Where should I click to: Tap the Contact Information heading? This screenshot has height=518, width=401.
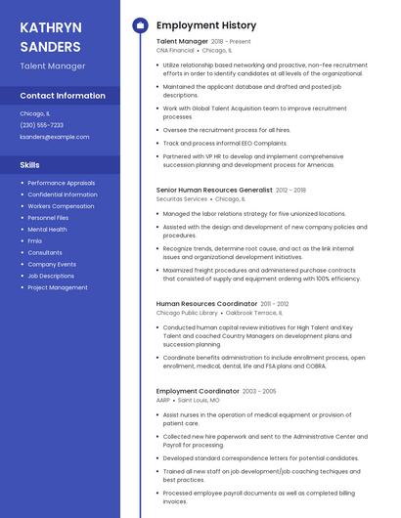pyautogui.click(x=63, y=96)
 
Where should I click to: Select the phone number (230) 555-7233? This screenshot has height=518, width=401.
pyautogui.click(x=42, y=125)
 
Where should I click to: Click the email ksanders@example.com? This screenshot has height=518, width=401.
pyautogui.click(x=55, y=137)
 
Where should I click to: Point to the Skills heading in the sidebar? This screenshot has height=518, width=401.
pyautogui.click(x=30, y=164)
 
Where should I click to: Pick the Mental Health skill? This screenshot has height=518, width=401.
pyautogui.click(x=47, y=230)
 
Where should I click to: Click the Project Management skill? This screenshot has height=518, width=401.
pyautogui.click(x=58, y=287)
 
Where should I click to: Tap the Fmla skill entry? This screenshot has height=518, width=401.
pyautogui.click(x=35, y=240)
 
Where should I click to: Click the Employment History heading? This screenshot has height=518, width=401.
pyautogui.click(x=206, y=25)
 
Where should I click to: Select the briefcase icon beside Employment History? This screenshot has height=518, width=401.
pyautogui.click(x=140, y=25)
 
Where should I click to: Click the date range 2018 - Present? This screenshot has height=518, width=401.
pyautogui.click(x=231, y=42)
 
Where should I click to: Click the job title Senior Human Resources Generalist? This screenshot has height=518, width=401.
pyautogui.click(x=214, y=191)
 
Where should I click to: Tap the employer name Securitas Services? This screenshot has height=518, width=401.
pyautogui.click(x=182, y=198)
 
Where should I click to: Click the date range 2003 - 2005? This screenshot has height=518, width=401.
pyautogui.click(x=259, y=391)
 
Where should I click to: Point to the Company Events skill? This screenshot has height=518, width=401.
pyautogui.click(x=52, y=264)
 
